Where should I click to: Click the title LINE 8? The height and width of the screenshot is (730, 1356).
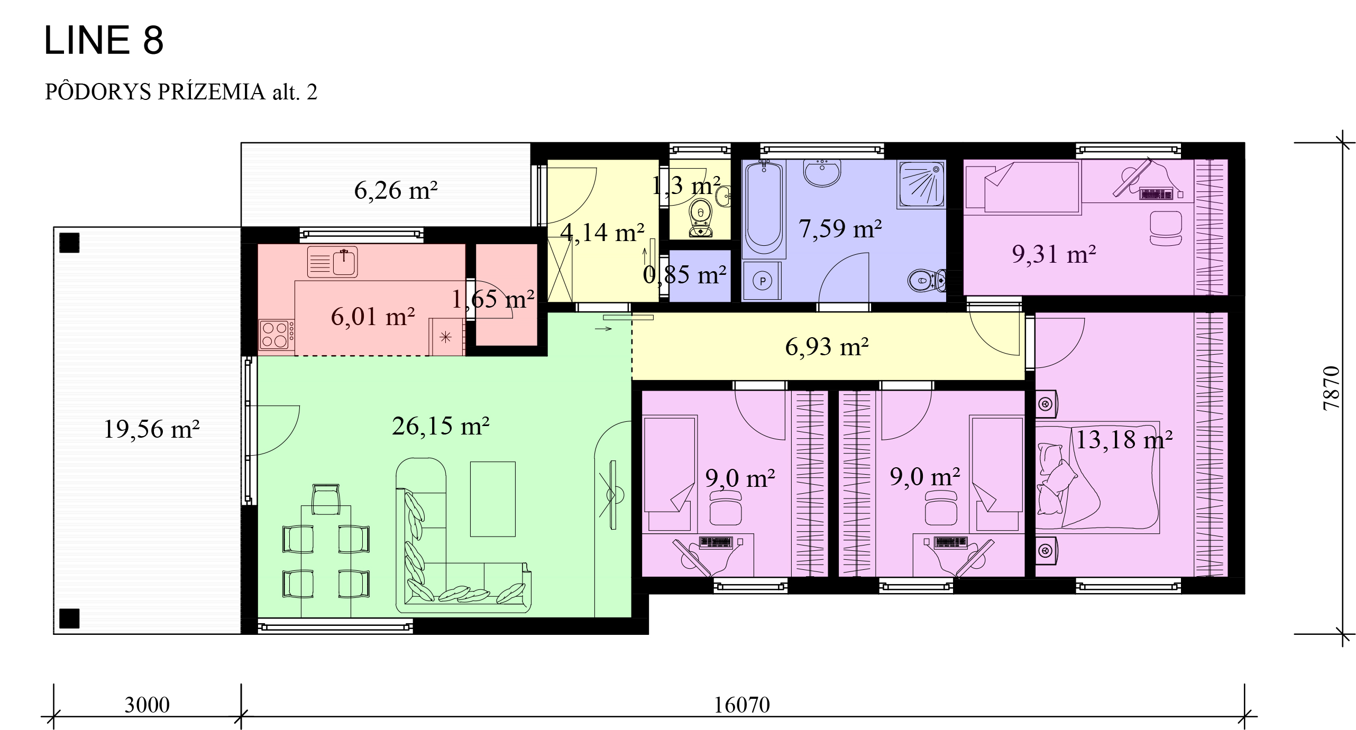click(104, 40)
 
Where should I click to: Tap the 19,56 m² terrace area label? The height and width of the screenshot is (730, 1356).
click(151, 429)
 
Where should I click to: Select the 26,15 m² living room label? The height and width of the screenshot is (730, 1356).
click(441, 426)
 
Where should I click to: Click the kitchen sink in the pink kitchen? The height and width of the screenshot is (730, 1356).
click(333, 262)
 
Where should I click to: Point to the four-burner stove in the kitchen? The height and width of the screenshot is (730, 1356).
click(276, 335)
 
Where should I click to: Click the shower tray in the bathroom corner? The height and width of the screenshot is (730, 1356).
click(921, 184)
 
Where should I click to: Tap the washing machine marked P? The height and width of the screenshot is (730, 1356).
click(762, 281)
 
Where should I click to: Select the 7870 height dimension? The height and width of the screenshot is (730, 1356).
click(1331, 389)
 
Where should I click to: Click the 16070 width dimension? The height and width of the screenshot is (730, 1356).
click(741, 705)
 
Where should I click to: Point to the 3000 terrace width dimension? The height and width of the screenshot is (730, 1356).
click(147, 705)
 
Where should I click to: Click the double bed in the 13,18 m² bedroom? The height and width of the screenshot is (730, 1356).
click(1097, 477)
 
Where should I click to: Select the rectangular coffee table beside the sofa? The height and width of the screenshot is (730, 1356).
click(493, 499)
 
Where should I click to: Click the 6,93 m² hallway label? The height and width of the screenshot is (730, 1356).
click(827, 347)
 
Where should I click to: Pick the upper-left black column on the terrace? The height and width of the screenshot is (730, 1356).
click(69, 243)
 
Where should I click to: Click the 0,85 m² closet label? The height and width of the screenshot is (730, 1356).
click(684, 275)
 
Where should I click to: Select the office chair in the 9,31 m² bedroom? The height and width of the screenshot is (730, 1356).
click(1166, 228)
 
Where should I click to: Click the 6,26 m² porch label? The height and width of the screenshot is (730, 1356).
click(396, 190)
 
